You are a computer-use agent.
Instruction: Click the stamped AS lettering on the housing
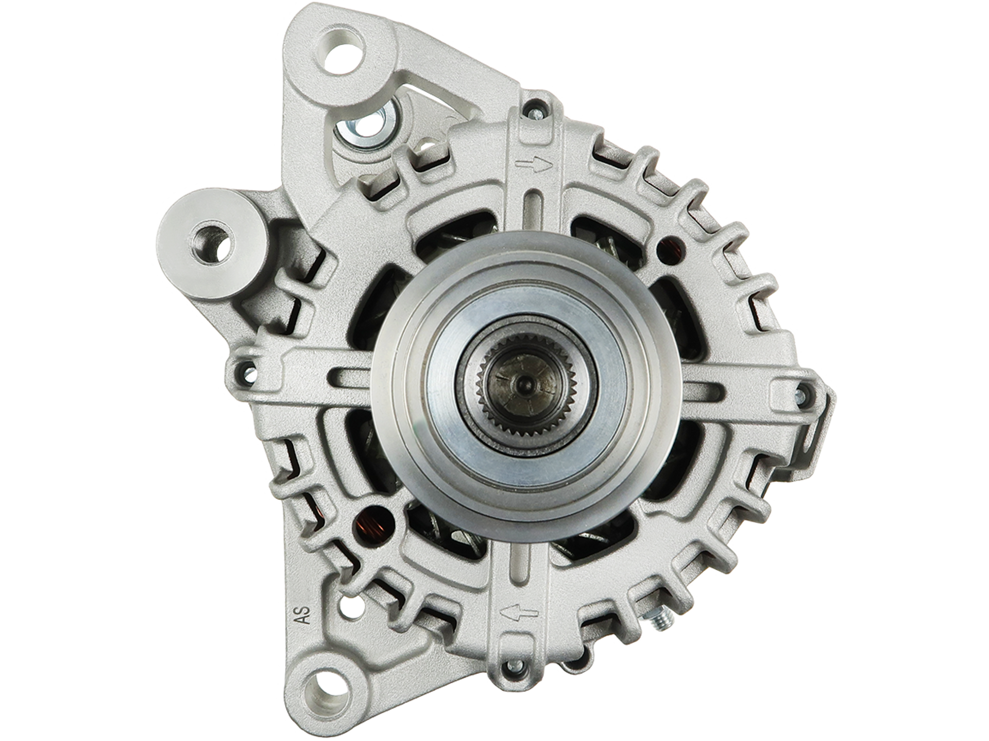304,614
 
